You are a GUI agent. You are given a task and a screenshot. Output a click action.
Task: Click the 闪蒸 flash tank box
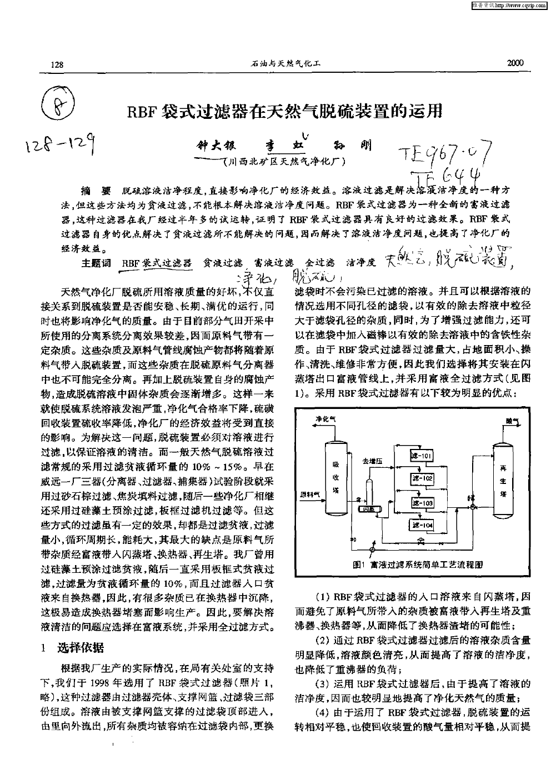click(369, 508)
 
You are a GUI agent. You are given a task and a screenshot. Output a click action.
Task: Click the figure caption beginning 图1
click(417, 565)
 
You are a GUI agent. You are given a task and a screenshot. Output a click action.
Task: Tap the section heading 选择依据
click(80, 647)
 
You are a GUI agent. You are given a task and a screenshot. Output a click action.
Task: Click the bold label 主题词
click(96, 262)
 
